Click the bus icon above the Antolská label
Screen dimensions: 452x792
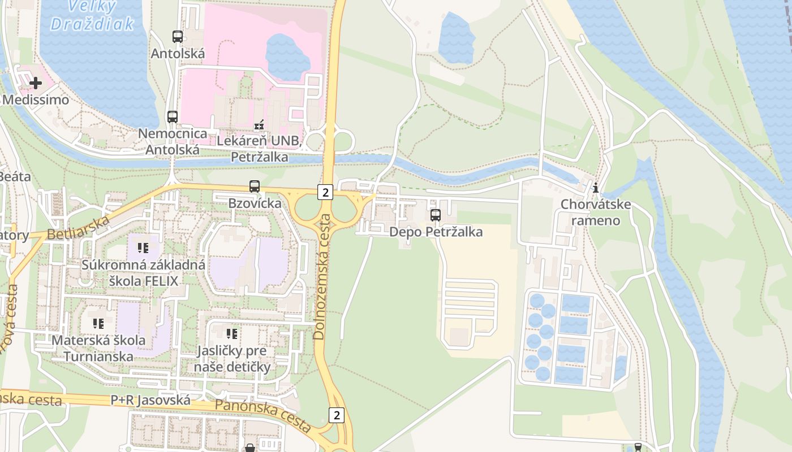point(178,37)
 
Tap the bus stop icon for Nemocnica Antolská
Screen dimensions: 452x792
point(173,117)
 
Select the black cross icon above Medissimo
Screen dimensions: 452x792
point(36,83)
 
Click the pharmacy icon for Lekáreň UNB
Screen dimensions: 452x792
point(259,124)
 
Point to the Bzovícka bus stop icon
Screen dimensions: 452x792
point(255,186)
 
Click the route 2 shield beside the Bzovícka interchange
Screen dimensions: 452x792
point(325,192)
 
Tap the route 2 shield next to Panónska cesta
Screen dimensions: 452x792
point(337,415)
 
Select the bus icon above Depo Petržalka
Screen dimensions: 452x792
point(435,215)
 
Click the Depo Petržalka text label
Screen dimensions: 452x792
point(436,232)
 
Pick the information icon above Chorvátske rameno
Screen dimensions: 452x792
point(595,188)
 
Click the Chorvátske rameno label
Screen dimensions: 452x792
point(595,212)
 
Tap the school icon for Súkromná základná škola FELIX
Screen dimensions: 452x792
point(143,247)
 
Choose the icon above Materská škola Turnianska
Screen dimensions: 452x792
point(98,324)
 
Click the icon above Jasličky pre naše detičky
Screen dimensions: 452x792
point(231,334)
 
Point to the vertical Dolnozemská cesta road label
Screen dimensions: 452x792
point(320,277)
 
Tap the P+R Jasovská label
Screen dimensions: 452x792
point(150,400)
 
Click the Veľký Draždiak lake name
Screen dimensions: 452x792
point(92,15)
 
